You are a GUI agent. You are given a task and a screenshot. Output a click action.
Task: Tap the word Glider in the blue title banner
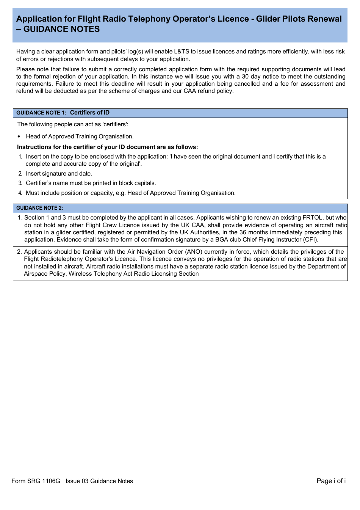click(268, 19)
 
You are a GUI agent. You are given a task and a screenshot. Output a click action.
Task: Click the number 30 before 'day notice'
click(245, 77)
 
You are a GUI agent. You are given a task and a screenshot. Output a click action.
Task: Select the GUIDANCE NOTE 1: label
click(41, 113)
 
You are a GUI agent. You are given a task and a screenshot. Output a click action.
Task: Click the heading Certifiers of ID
click(90, 113)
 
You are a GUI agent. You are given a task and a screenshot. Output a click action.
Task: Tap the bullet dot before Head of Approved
click(19, 137)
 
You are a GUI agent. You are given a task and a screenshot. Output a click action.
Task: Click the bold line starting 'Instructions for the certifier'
click(107, 147)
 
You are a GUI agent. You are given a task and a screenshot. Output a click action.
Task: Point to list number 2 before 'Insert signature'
click(20, 174)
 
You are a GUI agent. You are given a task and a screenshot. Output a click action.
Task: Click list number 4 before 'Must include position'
click(20, 193)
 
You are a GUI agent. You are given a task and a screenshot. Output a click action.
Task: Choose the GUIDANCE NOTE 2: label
click(39, 208)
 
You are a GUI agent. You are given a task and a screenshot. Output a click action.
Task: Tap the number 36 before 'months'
click(243, 232)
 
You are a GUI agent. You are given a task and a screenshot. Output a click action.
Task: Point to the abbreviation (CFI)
click(311, 240)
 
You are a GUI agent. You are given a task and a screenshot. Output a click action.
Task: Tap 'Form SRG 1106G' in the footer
click(36, 481)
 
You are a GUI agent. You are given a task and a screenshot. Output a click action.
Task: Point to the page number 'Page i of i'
click(331, 481)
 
